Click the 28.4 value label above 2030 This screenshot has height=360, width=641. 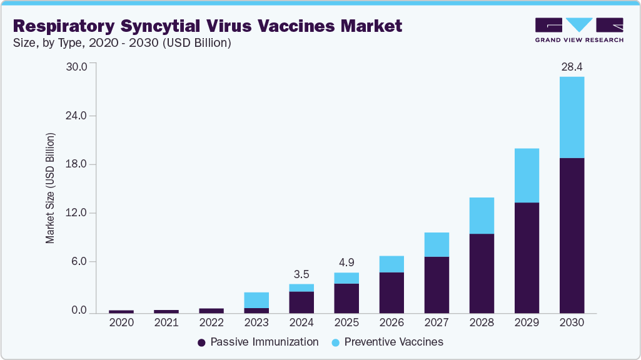click(x=572, y=67)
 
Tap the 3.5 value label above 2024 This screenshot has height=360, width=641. click(x=301, y=274)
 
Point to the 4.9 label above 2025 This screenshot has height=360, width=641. click(x=346, y=262)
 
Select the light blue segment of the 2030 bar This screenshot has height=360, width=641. click(x=572, y=117)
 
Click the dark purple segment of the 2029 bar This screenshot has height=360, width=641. click(x=527, y=257)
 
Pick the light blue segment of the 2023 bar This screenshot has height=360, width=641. click(x=256, y=300)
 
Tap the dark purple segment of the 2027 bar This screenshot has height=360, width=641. click(x=437, y=284)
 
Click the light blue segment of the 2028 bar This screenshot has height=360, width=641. click(x=482, y=216)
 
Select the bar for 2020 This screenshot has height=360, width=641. click(x=121, y=311)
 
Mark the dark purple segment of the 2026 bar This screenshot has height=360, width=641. click(x=391, y=292)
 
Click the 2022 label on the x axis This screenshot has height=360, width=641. click(x=211, y=323)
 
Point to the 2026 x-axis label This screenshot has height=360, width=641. click(x=391, y=323)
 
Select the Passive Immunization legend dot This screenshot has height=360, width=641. click(x=201, y=342)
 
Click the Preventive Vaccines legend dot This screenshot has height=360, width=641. click(x=335, y=342)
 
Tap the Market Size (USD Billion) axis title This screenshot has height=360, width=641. click(x=51, y=187)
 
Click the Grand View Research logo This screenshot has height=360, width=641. click(x=579, y=29)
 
